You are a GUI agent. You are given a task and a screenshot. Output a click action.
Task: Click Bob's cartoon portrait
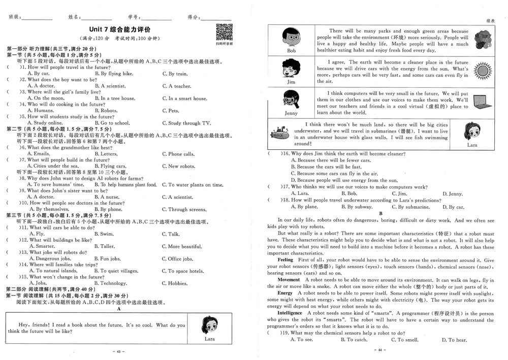click(x=291, y=38)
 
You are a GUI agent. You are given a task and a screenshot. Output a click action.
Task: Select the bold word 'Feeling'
click(x=285, y=260)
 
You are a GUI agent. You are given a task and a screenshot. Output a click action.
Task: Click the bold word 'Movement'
click(x=289, y=280)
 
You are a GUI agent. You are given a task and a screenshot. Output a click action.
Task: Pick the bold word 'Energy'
click(x=285, y=293)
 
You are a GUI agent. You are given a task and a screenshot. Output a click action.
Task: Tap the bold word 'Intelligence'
click(x=290, y=313)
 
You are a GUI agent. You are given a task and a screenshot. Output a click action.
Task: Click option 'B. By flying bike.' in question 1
click(x=114, y=74)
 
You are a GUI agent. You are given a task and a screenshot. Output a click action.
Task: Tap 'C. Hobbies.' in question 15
click(x=175, y=284)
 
